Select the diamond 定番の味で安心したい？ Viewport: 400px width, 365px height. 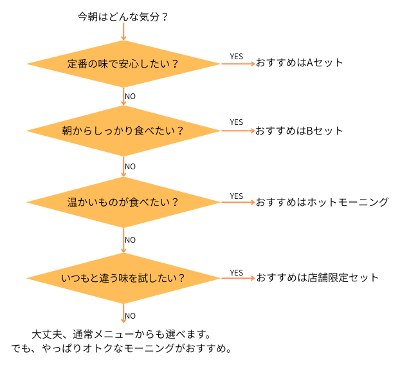[123, 63]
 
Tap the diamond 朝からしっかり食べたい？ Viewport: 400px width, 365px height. [123, 131]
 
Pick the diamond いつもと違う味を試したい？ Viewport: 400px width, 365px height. [123, 278]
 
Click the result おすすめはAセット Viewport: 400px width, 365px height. [300, 63]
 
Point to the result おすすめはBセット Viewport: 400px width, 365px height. [300, 131]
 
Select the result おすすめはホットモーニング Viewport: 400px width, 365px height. [322, 202]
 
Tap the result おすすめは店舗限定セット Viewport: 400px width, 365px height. [318, 278]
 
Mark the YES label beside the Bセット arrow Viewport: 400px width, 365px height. [237, 122]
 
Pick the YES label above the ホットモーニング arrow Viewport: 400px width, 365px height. [237, 196]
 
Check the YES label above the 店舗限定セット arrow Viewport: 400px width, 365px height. [237, 273]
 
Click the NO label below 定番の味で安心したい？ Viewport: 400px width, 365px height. [130, 97]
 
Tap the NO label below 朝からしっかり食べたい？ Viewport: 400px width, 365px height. [130, 167]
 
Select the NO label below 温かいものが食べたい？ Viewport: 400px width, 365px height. [130, 240]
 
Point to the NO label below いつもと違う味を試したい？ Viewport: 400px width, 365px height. [130, 316]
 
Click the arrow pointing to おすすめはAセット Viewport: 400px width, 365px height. [238, 63]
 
